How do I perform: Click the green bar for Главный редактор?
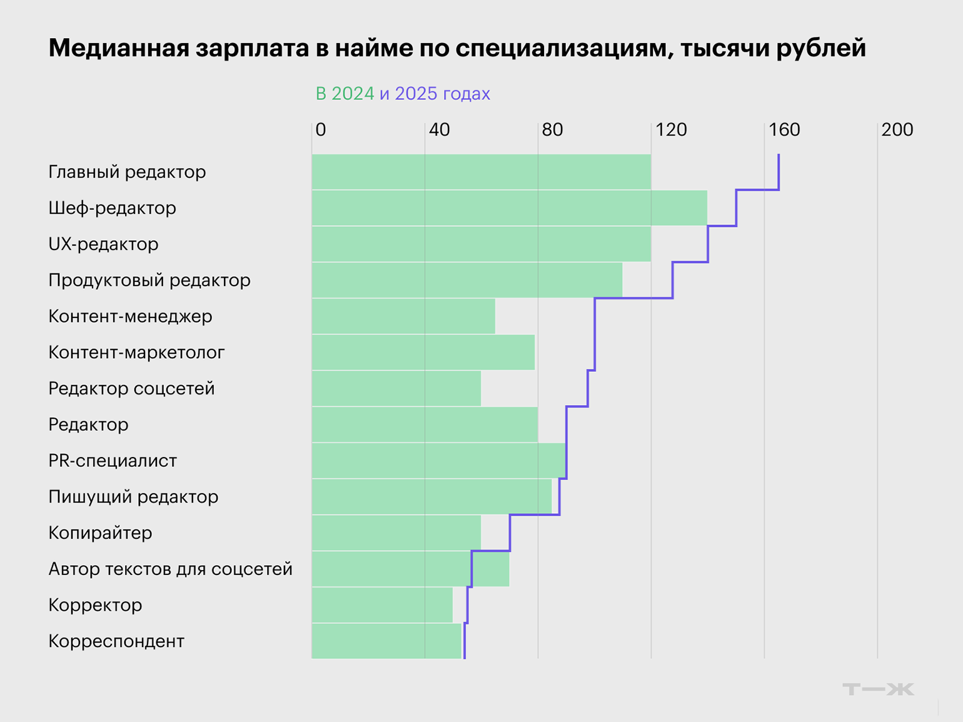pyautogui.click(x=481, y=172)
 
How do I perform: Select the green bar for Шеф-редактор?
pyautogui.click(x=509, y=208)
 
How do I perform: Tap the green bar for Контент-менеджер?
pyautogui.click(x=403, y=316)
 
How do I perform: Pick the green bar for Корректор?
pyautogui.click(x=382, y=605)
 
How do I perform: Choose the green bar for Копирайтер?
pyautogui.click(x=396, y=533)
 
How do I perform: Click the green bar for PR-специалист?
pyautogui.click(x=438, y=461)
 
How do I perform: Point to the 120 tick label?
pyautogui.click(x=671, y=129)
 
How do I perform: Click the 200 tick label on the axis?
pyautogui.click(x=897, y=129)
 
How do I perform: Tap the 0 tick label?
pyautogui.click(x=321, y=129)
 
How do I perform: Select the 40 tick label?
pyautogui.click(x=439, y=129)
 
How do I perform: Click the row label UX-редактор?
pyautogui.click(x=103, y=244)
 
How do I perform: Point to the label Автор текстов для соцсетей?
pyautogui.click(x=170, y=569)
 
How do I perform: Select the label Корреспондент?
pyautogui.click(x=116, y=641)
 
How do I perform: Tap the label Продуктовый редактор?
pyautogui.click(x=149, y=280)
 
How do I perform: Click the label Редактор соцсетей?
pyautogui.click(x=131, y=389)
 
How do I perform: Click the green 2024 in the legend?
pyautogui.click(x=353, y=94)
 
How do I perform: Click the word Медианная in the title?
pyautogui.click(x=119, y=48)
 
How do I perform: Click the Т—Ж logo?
pyautogui.click(x=878, y=689)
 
